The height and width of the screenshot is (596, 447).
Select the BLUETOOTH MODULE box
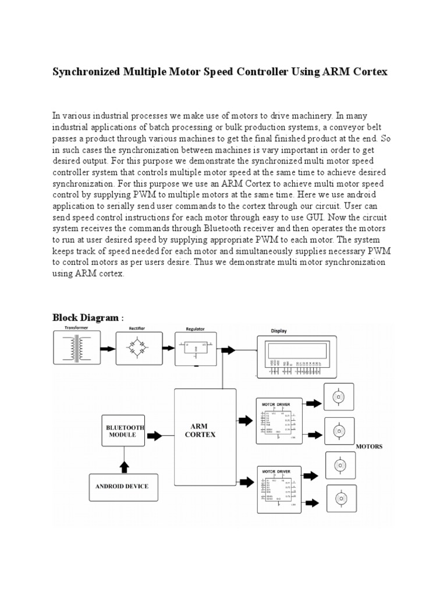[x=124, y=431]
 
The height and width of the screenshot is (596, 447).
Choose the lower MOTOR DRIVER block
[x=279, y=489]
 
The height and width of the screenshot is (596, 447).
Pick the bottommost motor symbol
[x=338, y=499]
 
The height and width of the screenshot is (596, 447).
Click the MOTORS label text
[x=369, y=446]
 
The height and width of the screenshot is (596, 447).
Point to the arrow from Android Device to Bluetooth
[x=124, y=466]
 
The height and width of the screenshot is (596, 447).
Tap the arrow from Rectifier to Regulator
[x=168, y=349]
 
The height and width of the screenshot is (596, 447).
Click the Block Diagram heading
[x=87, y=318]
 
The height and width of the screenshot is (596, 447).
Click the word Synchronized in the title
[x=87, y=72]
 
